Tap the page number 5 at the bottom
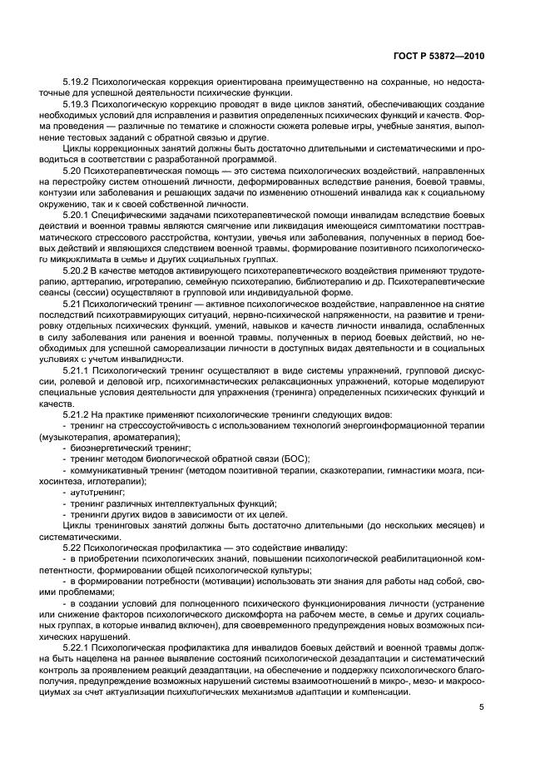point(482,708)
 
